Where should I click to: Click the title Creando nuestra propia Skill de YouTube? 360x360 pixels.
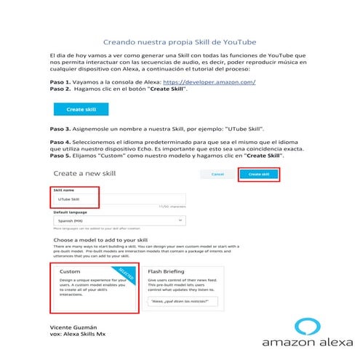coord(180,42)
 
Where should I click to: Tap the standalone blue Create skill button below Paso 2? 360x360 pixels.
coord(81,108)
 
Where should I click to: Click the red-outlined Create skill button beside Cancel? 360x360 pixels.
coord(258,175)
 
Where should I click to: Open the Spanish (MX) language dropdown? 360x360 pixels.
coord(120,221)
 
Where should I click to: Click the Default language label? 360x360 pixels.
coord(72,212)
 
